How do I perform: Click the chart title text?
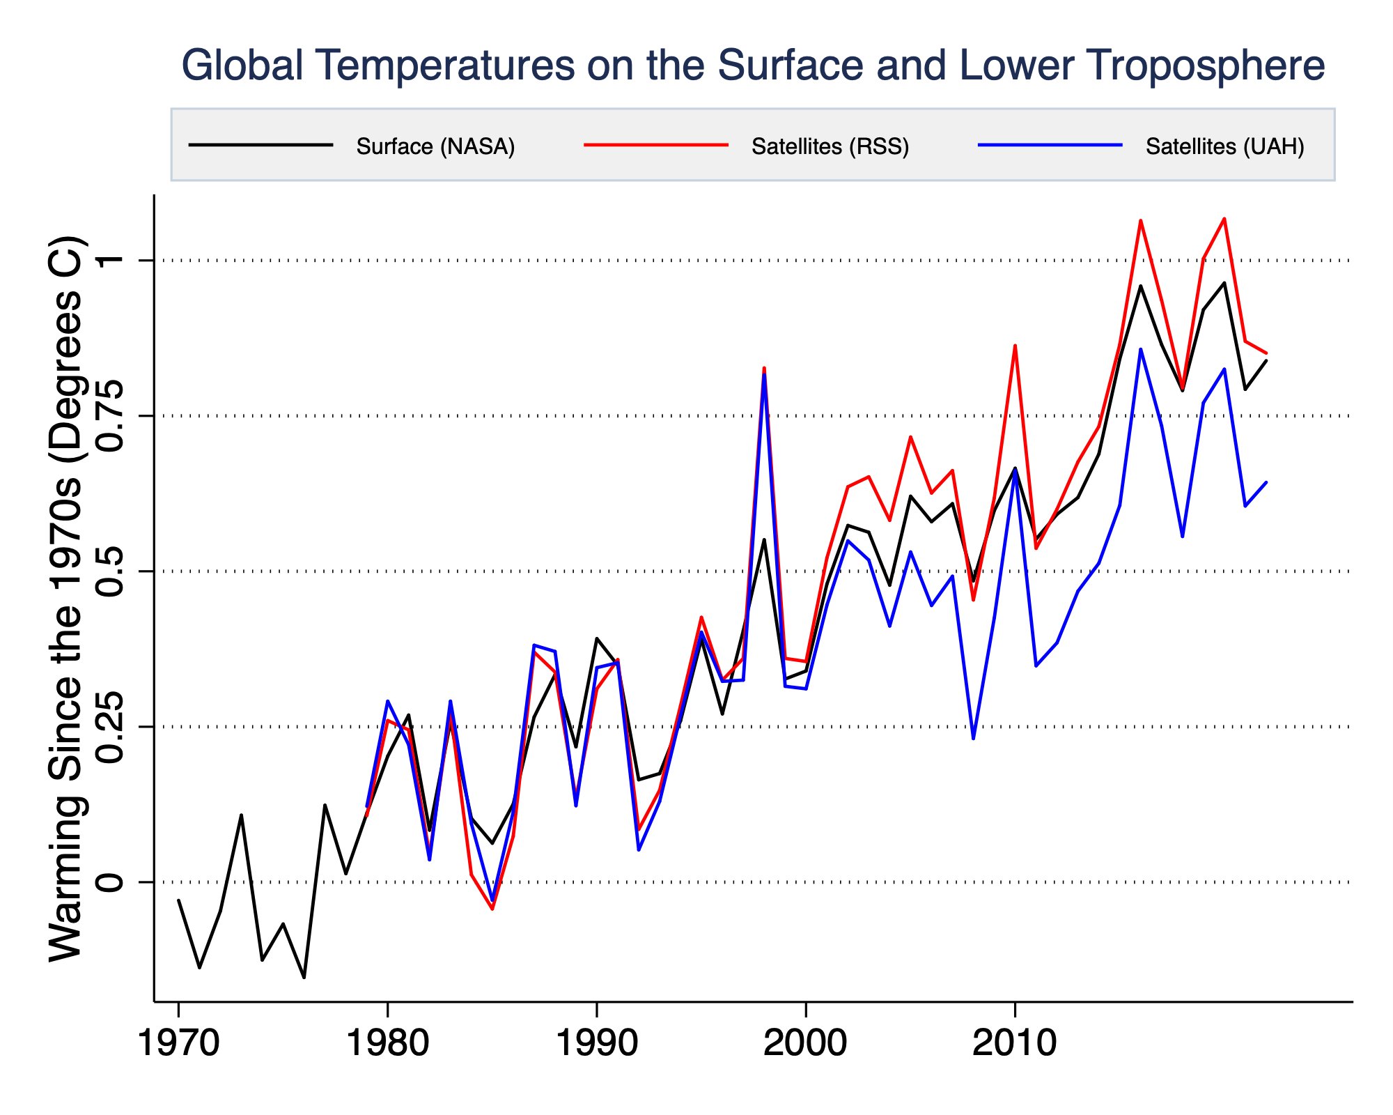pyautogui.click(x=752, y=66)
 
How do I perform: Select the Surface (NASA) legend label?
pyautogui.click(x=435, y=146)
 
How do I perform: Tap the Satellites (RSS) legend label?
pyautogui.click(x=830, y=146)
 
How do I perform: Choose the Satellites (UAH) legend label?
pyautogui.click(x=1224, y=146)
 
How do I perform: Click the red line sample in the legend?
pyautogui.click(x=656, y=145)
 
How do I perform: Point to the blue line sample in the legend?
pyautogui.click(x=1050, y=145)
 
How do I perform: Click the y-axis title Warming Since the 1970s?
pyautogui.click(x=66, y=599)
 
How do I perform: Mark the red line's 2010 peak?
pyautogui.click(x=1015, y=346)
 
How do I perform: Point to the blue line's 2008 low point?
pyautogui.click(x=973, y=738)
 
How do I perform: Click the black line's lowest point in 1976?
pyautogui.click(x=304, y=977)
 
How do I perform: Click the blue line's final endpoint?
pyautogui.click(x=1266, y=482)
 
